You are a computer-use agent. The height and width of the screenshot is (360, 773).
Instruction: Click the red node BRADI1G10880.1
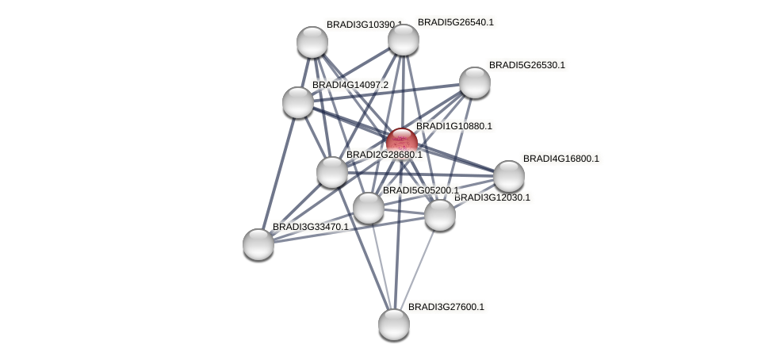pyautogui.click(x=402, y=144)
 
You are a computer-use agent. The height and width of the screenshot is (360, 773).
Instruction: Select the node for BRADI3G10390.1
pyautogui.click(x=312, y=42)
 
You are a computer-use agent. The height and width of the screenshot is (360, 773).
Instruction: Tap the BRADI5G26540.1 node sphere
pyautogui.click(x=404, y=40)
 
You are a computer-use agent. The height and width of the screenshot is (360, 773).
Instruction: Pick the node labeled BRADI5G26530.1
pyautogui.click(x=474, y=82)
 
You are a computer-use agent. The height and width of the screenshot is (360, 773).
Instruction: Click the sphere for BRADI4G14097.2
pyautogui.click(x=298, y=102)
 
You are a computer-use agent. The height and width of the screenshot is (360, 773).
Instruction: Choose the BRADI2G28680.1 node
pyautogui.click(x=331, y=172)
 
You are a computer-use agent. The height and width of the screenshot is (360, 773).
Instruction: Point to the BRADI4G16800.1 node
pyautogui.click(x=508, y=176)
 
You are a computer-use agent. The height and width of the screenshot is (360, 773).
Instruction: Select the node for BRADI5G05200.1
pyautogui.click(x=368, y=208)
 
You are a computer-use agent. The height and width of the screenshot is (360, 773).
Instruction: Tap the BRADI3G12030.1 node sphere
pyautogui.click(x=439, y=215)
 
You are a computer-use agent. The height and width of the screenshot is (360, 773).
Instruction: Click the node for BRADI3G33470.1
pyautogui.click(x=258, y=244)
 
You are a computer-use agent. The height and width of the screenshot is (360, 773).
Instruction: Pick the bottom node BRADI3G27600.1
pyautogui.click(x=394, y=324)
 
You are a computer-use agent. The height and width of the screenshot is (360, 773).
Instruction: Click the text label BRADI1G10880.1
pyautogui.click(x=454, y=126)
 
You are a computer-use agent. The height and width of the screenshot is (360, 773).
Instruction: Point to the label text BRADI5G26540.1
pyautogui.click(x=456, y=22)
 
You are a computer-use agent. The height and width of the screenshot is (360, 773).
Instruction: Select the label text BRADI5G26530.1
pyautogui.click(x=527, y=65)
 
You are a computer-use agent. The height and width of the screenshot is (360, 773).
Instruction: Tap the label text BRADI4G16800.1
pyautogui.click(x=561, y=159)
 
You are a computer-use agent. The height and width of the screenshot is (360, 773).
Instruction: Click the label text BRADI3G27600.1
pyautogui.click(x=446, y=307)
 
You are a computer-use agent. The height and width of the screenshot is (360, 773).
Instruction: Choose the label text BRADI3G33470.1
pyautogui.click(x=311, y=227)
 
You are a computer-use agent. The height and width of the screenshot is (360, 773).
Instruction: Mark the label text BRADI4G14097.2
pyautogui.click(x=350, y=85)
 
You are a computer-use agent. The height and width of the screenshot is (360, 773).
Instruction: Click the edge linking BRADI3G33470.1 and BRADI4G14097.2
pyautogui.click(x=278, y=174)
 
